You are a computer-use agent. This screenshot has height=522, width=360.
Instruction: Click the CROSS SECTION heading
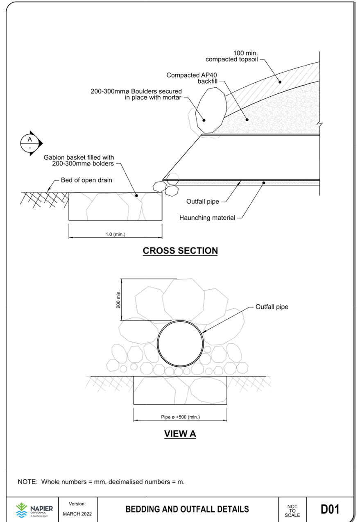(x=180, y=250)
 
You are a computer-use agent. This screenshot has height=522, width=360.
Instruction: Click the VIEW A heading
(x=180, y=433)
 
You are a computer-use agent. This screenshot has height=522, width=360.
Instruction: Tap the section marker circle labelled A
(x=29, y=142)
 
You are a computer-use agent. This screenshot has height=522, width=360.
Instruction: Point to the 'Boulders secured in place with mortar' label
(x=136, y=94)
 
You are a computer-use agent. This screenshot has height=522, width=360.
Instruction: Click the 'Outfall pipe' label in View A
(x=272, y=306)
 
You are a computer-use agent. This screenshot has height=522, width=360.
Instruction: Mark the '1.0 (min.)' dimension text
(x=115, y=234)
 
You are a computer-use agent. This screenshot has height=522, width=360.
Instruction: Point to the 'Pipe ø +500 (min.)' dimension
(x=180, y=417)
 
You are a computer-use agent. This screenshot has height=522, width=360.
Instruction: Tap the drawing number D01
(x=330, y=509)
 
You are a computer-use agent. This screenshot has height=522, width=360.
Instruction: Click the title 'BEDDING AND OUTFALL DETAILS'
(x=187, y=509)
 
